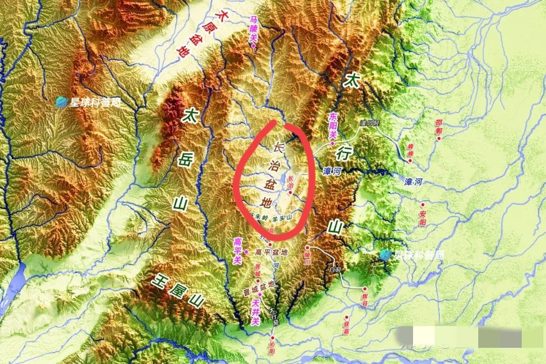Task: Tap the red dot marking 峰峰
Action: pos(410,161)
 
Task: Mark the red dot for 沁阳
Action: pos(274,337)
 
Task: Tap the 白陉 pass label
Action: pos(335,269)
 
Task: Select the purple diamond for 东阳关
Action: pos(332,144)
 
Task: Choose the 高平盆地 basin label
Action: pos(271,252)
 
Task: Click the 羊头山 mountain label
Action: pos(283,218)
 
